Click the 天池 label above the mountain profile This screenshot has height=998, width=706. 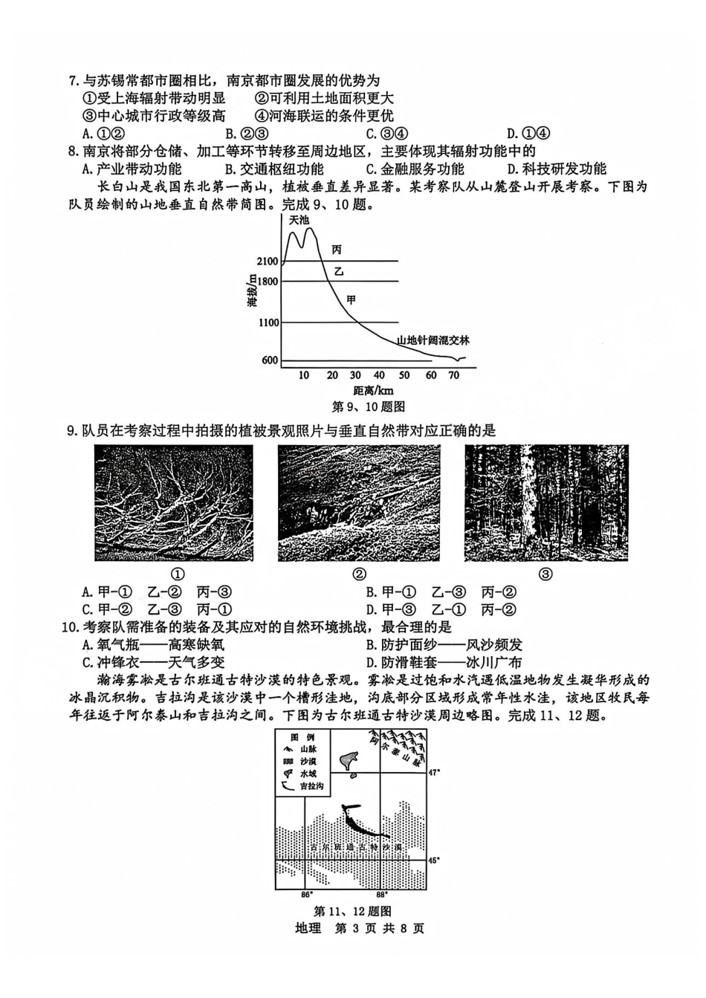(x=299, y=220)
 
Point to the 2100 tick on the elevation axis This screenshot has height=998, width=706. (x=267, y=262)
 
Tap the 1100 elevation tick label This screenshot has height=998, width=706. (x=268, y=323)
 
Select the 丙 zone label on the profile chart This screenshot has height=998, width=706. (x=337, y=250)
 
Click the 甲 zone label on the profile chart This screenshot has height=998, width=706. (x=352, y=299)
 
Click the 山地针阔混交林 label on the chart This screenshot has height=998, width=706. (x=433, y=340)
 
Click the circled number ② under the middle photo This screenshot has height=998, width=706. (x=359, y=574)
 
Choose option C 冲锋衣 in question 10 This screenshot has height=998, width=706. (x=154, y=662)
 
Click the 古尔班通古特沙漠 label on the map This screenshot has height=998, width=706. (x=356, y=847)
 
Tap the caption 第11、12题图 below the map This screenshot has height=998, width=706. (x=353, y=911)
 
